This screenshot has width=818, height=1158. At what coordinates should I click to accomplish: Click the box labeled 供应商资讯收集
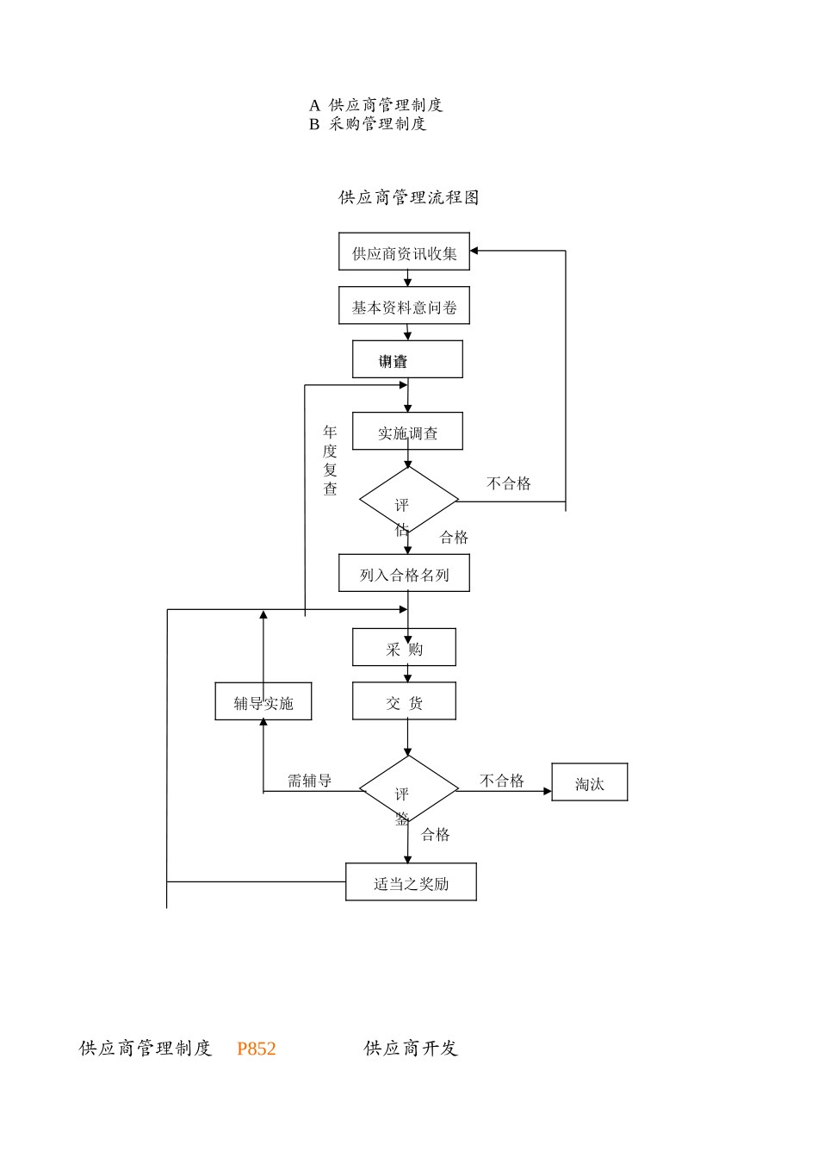[404, 252]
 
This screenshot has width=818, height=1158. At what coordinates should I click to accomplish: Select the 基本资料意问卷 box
[404, 307]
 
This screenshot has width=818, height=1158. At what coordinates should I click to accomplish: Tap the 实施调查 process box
[407, 432]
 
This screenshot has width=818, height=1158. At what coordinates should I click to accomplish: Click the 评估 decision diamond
[408, 501]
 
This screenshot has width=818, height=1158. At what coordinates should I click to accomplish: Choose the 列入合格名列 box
[404, 574]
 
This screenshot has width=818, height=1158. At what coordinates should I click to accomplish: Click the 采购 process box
[404, 648]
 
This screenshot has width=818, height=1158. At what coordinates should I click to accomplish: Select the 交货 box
[404, 702]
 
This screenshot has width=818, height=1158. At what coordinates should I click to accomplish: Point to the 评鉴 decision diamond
[408, 789]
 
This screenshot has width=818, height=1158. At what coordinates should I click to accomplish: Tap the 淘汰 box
[589, 783]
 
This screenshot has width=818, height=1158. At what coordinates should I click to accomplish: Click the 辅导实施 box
[263, 702]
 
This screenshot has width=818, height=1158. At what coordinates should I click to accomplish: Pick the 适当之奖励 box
[411, 882]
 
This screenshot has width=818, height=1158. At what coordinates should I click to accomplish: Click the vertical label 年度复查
[330, 460]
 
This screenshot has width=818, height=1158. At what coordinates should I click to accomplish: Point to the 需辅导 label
[309, 781]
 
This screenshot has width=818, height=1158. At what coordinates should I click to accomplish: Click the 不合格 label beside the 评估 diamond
[509, 483]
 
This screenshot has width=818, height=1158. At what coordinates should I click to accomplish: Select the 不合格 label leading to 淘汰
[501, 781]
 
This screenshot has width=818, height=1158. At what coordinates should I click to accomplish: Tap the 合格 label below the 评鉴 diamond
[436, 834]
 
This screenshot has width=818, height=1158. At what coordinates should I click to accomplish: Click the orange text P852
[256, 1049]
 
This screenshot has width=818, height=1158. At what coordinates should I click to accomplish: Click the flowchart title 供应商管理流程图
[408, 197]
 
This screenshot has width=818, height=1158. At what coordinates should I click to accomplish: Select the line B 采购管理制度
[368, 124]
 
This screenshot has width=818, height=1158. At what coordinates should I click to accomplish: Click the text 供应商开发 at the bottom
[411, 1049]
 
